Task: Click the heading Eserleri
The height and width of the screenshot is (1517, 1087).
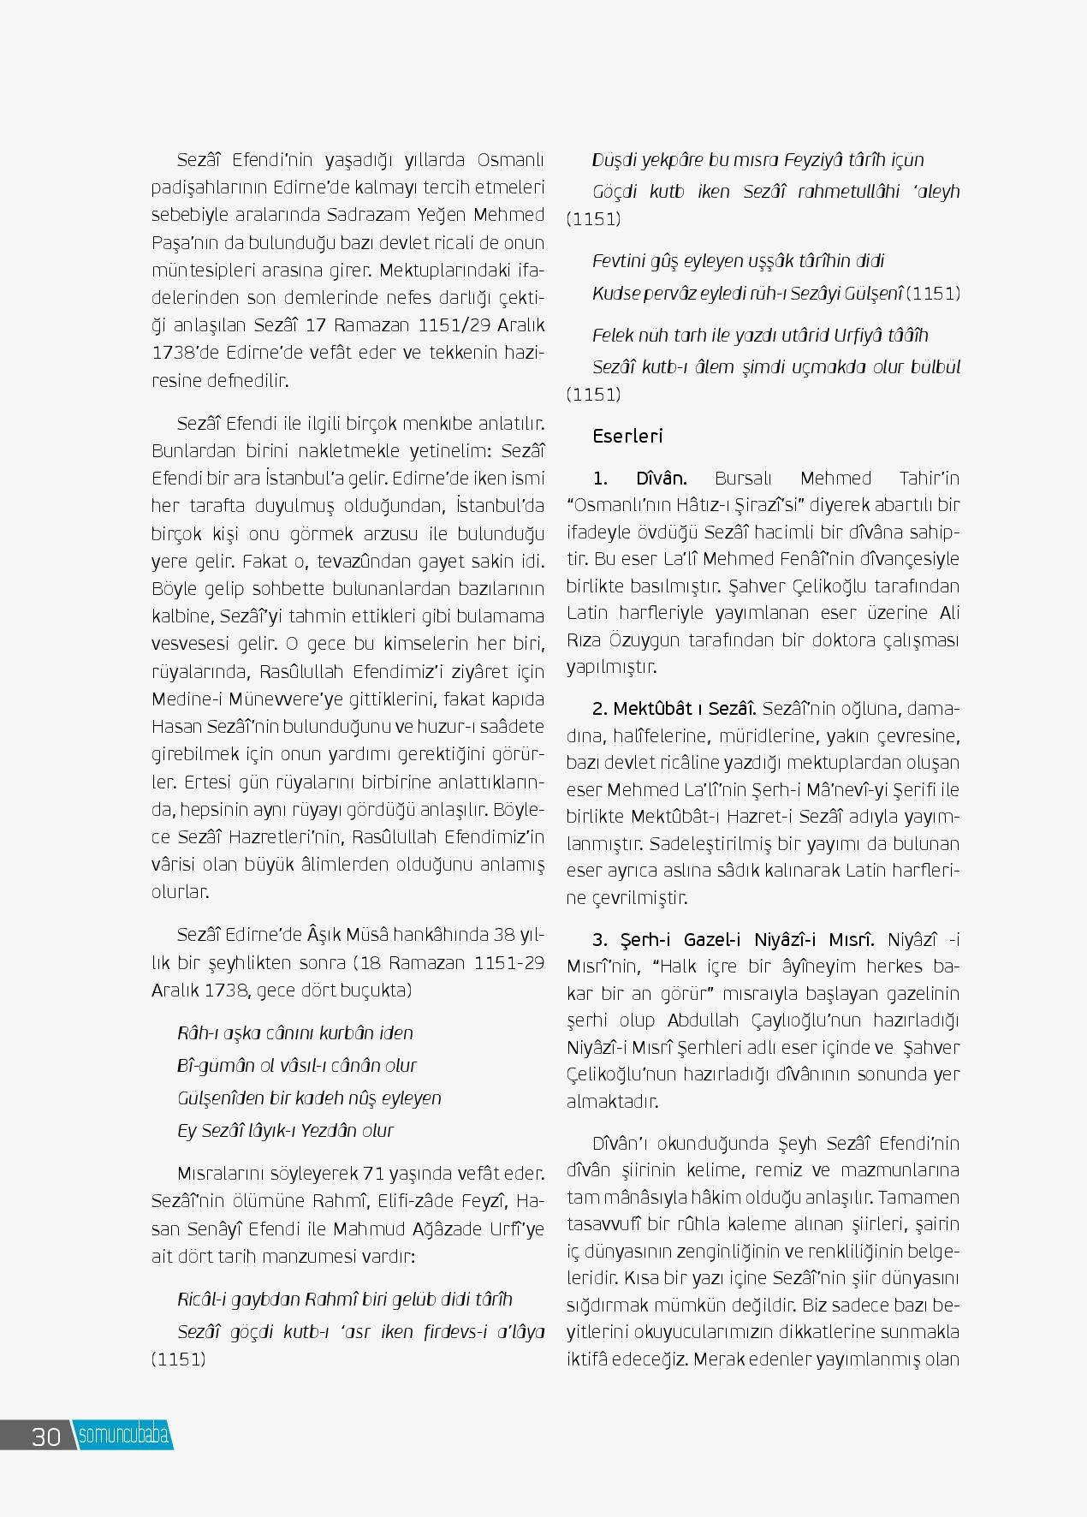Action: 627,436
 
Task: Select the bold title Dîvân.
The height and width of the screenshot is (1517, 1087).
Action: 662,478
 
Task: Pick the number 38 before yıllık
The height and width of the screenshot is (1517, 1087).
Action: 508,935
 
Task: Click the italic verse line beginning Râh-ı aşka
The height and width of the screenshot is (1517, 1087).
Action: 294,1032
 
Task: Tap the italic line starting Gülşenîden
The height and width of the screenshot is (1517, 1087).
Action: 309,1098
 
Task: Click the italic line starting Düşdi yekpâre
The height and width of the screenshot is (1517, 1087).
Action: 757,160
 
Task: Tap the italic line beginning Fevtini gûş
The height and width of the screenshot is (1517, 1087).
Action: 738,261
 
